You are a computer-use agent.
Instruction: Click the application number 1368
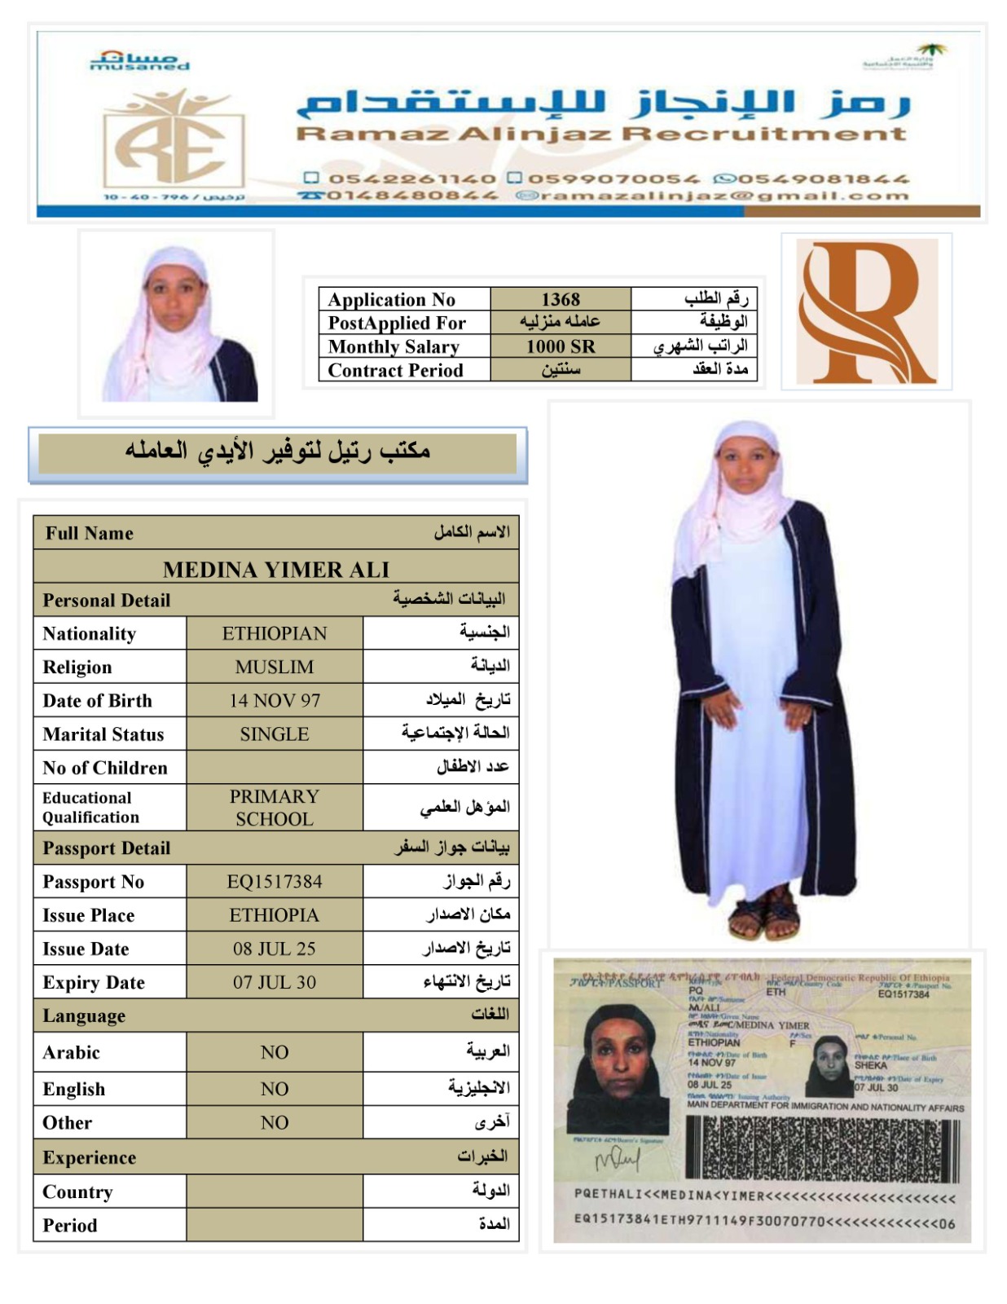point(561,299)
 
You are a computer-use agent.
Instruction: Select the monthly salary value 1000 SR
point(561,346)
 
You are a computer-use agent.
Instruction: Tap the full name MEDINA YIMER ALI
point(276,569)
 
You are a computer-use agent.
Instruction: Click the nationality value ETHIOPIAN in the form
point(275,633)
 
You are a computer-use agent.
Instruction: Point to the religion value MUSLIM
point(275,667)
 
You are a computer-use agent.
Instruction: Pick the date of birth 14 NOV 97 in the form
point(275,700)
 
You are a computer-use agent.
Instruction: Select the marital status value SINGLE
point(275,733)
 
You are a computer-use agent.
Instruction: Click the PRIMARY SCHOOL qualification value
point(275,807)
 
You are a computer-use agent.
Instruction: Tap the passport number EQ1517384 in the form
point(275,881)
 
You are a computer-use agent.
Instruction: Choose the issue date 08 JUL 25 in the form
point(275,949)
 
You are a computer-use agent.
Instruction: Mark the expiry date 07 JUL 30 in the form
point(275,982)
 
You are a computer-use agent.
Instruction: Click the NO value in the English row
point(275,1089)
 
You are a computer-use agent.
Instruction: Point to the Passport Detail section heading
point(107,848)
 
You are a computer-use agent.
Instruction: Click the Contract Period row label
point(395,370)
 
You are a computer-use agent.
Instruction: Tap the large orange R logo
point(866,312)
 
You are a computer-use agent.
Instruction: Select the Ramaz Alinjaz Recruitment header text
point(601,134)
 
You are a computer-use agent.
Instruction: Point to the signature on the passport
point(617,1158)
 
